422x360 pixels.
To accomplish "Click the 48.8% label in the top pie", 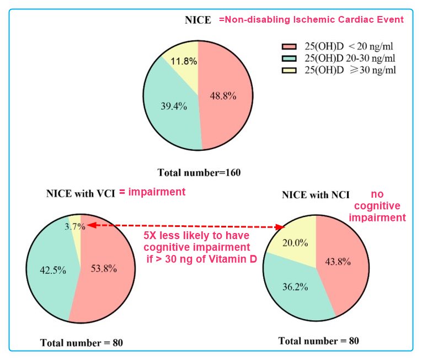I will [223, 96].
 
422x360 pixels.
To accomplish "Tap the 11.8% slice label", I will [184, 61].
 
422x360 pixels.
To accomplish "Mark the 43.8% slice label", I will [337, 262].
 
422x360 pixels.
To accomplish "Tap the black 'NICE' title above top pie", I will [197, 20].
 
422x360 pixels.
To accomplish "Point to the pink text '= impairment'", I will [152, 192].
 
